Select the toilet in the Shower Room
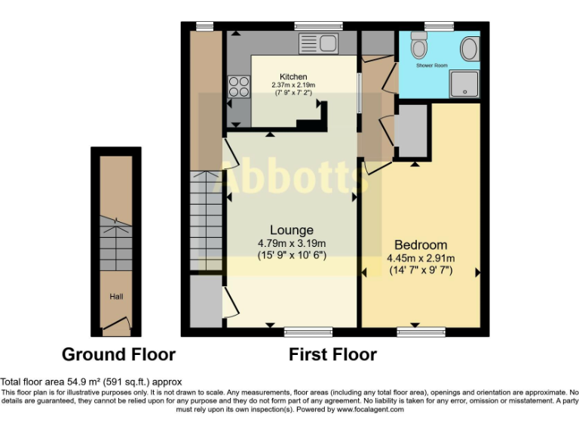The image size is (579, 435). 420,47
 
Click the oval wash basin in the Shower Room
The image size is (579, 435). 468,51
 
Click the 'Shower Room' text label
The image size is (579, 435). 432,66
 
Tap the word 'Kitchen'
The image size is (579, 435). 293,77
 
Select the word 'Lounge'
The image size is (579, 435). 292,230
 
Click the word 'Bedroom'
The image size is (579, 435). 421,245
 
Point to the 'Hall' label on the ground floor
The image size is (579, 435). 116,297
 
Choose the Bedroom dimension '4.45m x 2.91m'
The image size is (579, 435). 421,258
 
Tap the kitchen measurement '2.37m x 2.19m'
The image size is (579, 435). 294,85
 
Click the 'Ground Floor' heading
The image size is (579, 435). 118,354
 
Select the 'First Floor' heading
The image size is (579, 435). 332,354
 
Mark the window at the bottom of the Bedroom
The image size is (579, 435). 419,332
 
